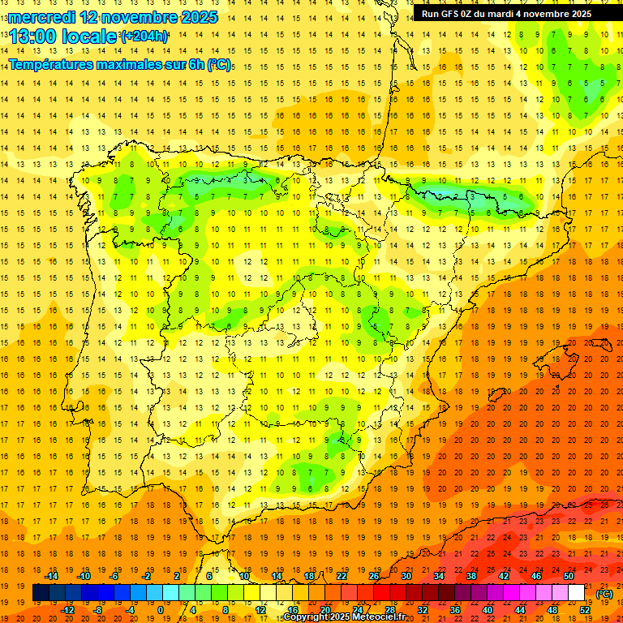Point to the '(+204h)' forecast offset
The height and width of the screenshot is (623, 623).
(x=144, y=37)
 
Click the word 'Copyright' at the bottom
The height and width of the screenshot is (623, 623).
(x=305, y=617)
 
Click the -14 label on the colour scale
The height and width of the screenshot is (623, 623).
(x=51, y=576)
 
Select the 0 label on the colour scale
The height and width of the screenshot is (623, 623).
(x=161, y=610)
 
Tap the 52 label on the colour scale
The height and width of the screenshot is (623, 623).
(x=585, y=610)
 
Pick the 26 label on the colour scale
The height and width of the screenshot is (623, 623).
(x=374, y=576)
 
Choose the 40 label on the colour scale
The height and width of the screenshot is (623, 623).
(x=488, y=610)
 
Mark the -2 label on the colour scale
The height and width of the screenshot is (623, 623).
(x=146, y=576)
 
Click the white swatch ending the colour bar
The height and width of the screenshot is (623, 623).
(x=577, y=593)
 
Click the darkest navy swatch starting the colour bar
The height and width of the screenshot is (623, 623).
(x=41, y=593)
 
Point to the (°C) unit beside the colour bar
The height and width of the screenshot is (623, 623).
(x=604, y=594)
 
